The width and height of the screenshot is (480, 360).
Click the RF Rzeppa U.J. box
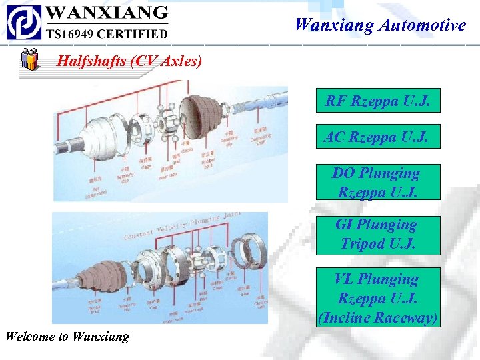pos(377,101)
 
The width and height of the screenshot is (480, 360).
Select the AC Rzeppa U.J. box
pos(377,137)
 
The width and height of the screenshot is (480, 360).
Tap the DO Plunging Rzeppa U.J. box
pos(377,182)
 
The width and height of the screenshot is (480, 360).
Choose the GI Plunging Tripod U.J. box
pos(377,234)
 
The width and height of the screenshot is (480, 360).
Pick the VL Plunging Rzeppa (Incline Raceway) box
pos(377,298)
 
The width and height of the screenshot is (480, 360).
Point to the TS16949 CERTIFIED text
pos(106,32)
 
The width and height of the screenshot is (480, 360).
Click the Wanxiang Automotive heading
pos(380,25)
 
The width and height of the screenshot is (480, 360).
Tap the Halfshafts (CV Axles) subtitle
pos(129,61)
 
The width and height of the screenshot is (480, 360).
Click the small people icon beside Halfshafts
pos(29,60)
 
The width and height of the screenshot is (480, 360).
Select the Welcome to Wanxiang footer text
pos(67,336)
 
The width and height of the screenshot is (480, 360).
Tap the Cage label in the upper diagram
pos(147,165)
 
